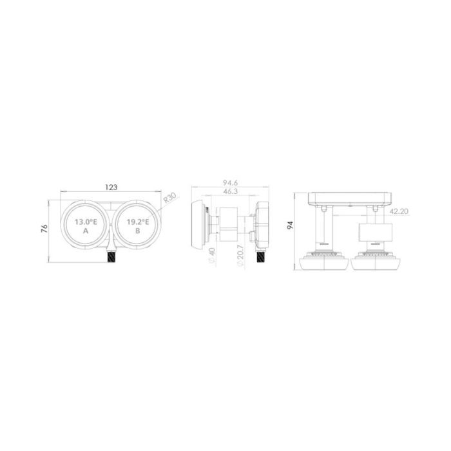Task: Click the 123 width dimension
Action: click(x=111, y=187)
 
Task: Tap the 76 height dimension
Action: click(x=44, y=229)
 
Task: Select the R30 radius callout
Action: click(x=169, y=198)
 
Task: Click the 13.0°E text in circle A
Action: click(x=86, y=222)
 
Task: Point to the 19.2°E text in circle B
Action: click(x=138, y=222)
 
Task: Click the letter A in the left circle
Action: click(x=86, y=231)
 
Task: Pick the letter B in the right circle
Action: click(x=138, y=231)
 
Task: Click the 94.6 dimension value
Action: click(x=230, y=183)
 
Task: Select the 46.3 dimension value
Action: click(x=230, y=191)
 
